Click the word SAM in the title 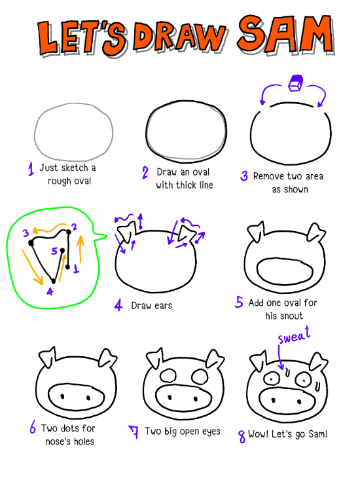[x=286, y=33]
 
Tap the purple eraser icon [x=295, y=83]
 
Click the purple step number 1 [x=31, y=169]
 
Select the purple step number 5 [x=239, y=302]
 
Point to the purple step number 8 [x=242, y=436]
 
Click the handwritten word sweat [x=294, y=335]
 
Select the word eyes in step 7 [x=211, y=432]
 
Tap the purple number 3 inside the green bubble [x=26, y=233]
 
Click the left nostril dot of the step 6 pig [x=63, y=396]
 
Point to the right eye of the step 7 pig [x=200, y=377]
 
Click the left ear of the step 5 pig [x=256, y=231]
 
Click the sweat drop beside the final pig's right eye [x=317, y=386]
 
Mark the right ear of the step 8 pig [x=318, y=362]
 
